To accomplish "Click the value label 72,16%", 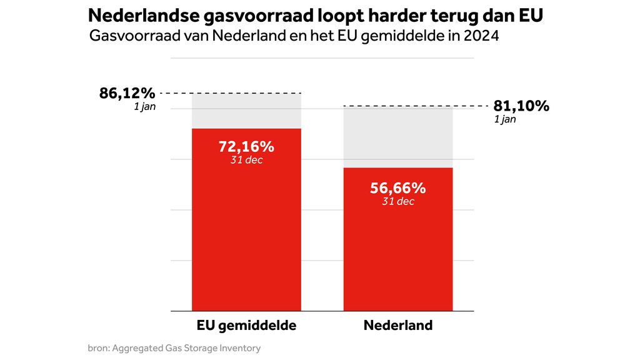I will pyautogui.click(x=246, y=147).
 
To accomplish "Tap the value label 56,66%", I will pyautogui.click(x=397, y=188).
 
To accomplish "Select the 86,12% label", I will pyautogui.click(x=127, y=94).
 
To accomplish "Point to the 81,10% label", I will pyautogui.click(x=521, y=106).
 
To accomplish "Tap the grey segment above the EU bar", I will pyautogui.click(x=246, y=111).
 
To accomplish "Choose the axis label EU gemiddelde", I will pyautogui.click(x=246, y=326).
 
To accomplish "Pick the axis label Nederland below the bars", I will pyautogui.click(x=397, y=326).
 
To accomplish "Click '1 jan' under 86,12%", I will pyautogui.click(x=144, y=107).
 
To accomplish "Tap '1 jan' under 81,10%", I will pyautogui.click(x=505, y=119).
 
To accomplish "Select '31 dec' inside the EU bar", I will pyautogui.click(x=246, y=160).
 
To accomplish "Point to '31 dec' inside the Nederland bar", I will pyautogui.click(x=397, y=201).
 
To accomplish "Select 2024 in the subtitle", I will pyautogui.click(x=481, y=36).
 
